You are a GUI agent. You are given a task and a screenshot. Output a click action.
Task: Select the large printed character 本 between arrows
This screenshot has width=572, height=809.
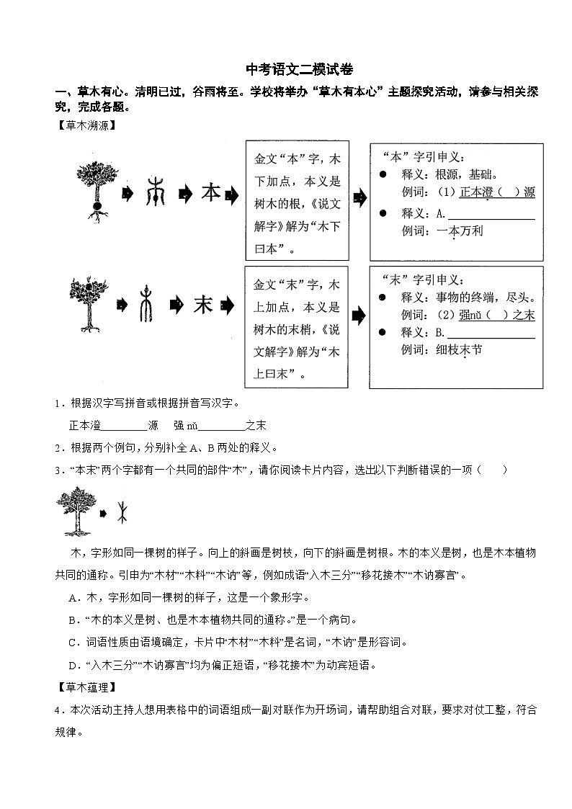(210, 193)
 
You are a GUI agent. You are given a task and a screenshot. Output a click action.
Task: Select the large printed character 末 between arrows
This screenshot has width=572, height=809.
(203, 305)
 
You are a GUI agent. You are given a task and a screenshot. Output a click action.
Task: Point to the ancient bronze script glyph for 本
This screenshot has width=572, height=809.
(155, 193)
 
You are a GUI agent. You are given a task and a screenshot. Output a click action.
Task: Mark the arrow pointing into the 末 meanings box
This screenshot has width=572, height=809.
(358, 316)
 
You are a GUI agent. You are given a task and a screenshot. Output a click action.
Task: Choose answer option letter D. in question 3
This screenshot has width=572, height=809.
(73, 664)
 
